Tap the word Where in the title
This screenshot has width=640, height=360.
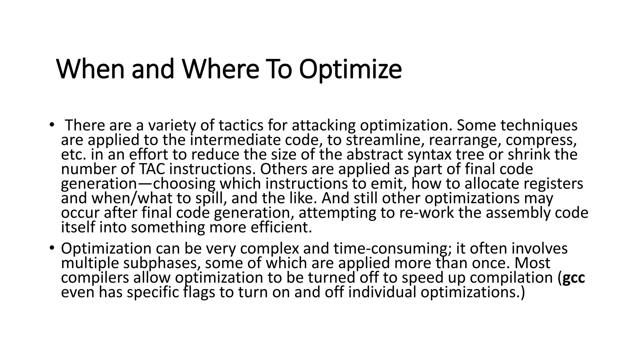point(220,69)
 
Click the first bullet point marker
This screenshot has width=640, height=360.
point(52,125)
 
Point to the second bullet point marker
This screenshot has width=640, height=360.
point(52,248)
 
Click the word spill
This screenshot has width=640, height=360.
point(211,198)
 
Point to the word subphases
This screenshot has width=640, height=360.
point(161,263)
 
